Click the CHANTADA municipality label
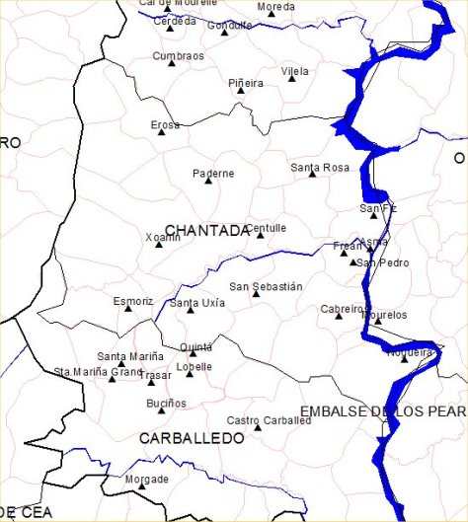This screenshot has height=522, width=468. (x=207, y=231)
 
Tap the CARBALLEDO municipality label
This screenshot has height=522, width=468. (x=192, y=437)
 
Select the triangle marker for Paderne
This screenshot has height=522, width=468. (x=208, y=182)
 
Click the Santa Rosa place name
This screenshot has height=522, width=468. (x=320, y=168)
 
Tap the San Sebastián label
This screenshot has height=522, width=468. (x=266, y=286)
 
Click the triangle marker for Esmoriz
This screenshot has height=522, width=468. (x=128, y=309)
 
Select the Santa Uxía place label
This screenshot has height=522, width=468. (x=197, y=303)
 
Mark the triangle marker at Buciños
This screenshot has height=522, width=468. (x=162, y=410)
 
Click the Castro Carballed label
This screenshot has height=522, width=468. (x=269, y=419)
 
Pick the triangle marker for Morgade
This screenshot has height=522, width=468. (x=141, y=486)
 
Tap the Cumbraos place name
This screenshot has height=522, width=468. (x=178, y=56)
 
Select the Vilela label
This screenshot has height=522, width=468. (x=294, y=71)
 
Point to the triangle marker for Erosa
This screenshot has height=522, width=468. (x=161, y=131)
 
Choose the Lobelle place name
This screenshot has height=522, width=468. (x=194, y=366)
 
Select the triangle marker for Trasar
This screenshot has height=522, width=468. (x=140, y=380)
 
